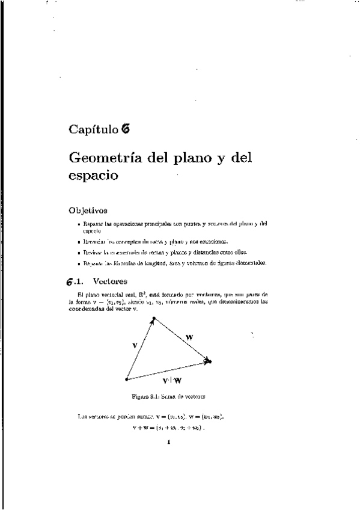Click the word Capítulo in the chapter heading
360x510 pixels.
(93, 129)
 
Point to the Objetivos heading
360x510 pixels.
(88, 210)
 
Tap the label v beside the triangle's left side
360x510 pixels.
(135, 345)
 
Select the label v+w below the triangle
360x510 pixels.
(172, 381)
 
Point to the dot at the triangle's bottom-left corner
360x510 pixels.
(126, 379)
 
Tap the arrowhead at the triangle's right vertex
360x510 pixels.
(209, 361)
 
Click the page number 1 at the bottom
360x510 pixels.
(169, 443)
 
